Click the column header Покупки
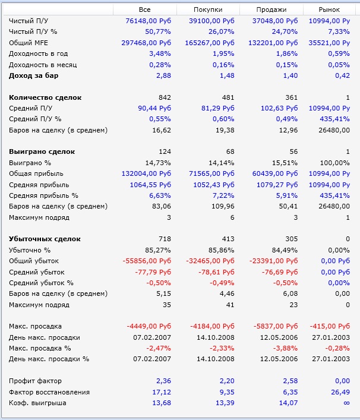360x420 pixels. coord(207,10)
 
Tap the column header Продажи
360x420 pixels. coord(271,10)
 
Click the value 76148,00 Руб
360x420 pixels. coord(148,21)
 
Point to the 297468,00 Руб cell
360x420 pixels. coord(146,43)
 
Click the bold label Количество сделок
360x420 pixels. coord(45,97)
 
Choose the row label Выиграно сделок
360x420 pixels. coord(42,151)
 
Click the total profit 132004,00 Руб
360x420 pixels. coord(146,173)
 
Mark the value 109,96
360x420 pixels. coord(225,206)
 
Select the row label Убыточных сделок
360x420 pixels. coord(45,239)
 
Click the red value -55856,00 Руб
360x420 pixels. coord(147,261)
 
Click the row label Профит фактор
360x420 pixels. coord(36,381)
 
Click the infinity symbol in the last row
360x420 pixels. coord(346,403)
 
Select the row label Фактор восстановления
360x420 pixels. coord(49,391)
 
